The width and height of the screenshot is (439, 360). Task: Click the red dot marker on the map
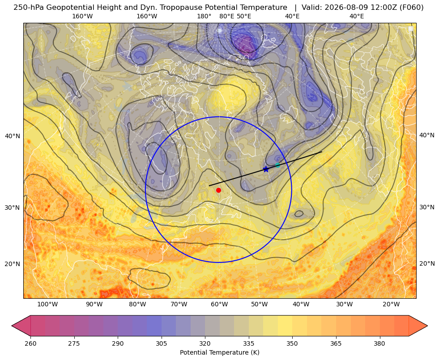(219, 190)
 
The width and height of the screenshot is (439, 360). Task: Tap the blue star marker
(266, 169)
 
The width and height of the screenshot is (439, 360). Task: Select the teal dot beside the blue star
(277, 165)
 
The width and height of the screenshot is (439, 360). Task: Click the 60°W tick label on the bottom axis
(219, 304)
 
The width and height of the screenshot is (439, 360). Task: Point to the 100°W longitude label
(47, 304)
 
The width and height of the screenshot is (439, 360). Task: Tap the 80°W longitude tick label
(137, 304)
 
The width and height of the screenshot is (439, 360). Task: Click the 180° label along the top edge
(204, 16)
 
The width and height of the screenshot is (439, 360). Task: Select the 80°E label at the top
(227, 16)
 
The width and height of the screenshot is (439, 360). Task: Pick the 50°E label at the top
(244, 16)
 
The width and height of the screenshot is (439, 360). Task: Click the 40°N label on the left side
(13, 136)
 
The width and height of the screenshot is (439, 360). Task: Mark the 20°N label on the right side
(427, 263)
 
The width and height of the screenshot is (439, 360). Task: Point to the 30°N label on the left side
(13, 208)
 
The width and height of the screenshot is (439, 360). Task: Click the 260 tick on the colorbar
(30, 343)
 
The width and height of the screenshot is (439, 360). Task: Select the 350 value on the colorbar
(292, 343)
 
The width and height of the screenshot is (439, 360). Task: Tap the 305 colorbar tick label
(161, 343)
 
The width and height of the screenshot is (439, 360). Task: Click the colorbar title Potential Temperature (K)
(219, 352)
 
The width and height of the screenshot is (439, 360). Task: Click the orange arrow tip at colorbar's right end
(427, 326)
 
